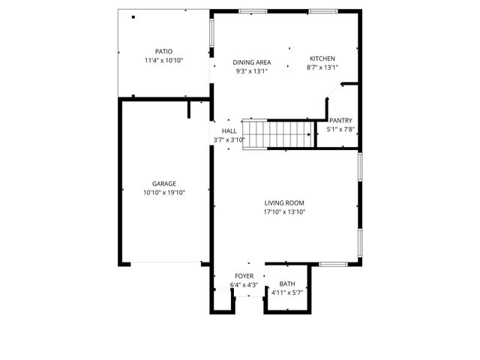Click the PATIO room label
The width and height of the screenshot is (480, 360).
click(x=163, y=51)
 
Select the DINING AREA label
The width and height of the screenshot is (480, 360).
click(x=251, y=63)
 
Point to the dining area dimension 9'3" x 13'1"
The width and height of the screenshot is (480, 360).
click(x=251, y=72)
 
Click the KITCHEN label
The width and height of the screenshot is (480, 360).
click(x=322, y=58)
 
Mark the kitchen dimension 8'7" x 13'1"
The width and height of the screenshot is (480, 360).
click(x=322, y=67)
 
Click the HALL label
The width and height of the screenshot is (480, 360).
click(x=229, y=130)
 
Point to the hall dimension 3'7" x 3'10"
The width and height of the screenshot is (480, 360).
click(x=229, y=139)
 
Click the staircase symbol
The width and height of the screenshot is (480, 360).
click(x=278, y=134)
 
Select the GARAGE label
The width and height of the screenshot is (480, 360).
click(x=163, y=184)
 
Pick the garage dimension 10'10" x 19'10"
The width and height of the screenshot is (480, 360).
click(x=163, y=193)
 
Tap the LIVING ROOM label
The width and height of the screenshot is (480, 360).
click(x=284, y=202)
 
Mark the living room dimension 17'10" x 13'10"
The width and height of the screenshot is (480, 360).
click(x=284, y=211)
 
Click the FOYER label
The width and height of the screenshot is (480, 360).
click(x=244, y=276)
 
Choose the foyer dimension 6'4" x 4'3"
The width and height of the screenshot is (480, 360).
click(x=244, y=285)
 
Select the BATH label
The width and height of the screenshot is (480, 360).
click(x=287, y=283)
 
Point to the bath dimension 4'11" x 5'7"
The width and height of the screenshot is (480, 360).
click(x=287, y=292)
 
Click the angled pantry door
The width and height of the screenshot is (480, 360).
click(x=334, y=91)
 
